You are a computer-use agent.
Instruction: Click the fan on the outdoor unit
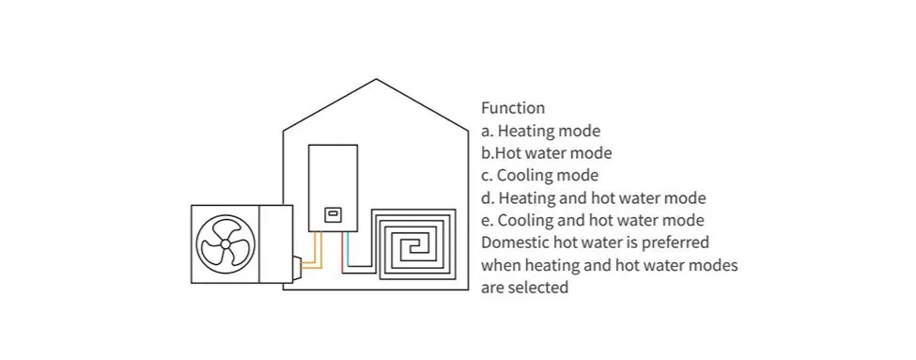[x=225, y=243]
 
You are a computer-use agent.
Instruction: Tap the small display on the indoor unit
[x=333, y=214]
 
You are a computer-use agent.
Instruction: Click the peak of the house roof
[x=377, y=79]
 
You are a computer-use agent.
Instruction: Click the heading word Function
[x=512, y=108]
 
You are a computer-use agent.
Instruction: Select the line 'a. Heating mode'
[x=540, y=131]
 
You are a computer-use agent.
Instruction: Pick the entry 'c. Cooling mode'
[x=539, y=175]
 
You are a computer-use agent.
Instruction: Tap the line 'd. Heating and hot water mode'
[x=593, y=198]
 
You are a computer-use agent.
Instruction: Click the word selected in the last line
[x=538, y=288]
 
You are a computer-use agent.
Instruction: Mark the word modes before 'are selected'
[x=715, y=265]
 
